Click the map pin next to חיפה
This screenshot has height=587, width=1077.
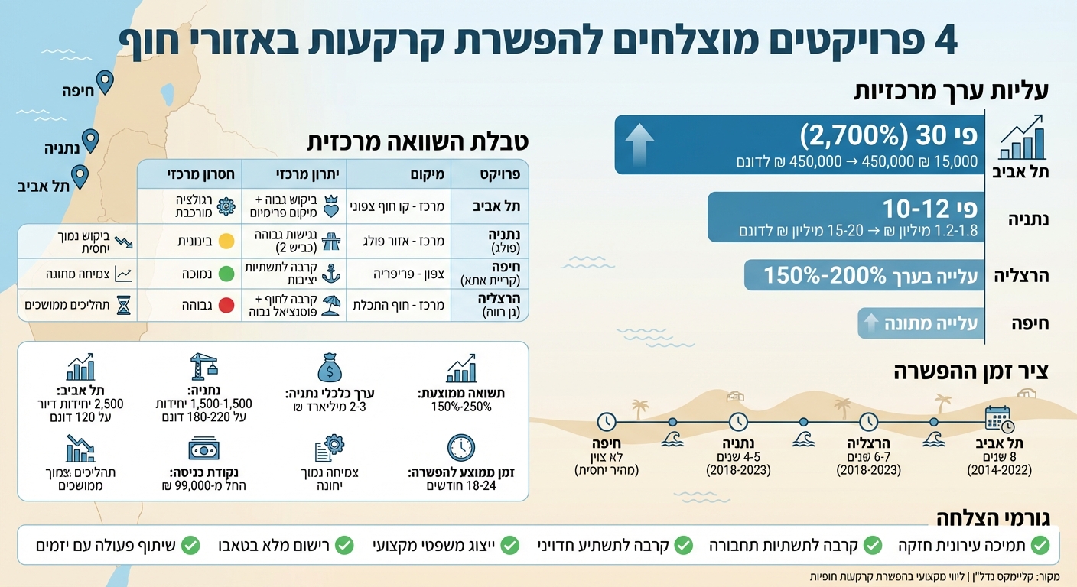tap(105, 81)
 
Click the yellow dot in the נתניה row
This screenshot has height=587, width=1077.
tap(226, 241)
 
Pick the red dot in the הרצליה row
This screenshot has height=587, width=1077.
tap(226, 305)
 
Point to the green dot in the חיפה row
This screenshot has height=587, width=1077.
tap(226, 273)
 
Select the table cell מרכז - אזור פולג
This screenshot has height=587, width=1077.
tap(399, 241)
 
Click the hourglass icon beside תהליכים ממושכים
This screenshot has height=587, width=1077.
tap(124, 305)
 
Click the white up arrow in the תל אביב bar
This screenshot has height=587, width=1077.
tap(639, 144)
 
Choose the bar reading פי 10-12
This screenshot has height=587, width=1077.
tap(844, 217)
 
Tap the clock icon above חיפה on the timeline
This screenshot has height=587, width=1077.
tap(606, 421)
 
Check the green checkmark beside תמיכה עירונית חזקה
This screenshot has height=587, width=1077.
tap(1040, 545)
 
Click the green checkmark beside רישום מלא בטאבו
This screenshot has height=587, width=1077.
tap(346, 545)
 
